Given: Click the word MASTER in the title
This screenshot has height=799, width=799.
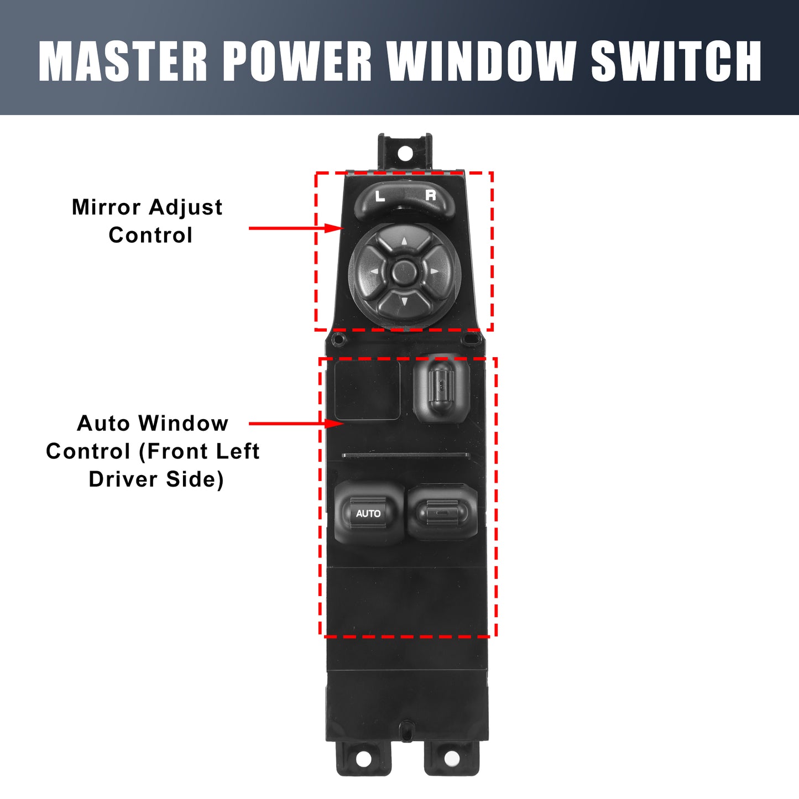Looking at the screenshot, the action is pyautogui.click(x=123, y=61).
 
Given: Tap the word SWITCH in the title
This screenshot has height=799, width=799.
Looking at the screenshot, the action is pyautogui.click(x=676, y=61).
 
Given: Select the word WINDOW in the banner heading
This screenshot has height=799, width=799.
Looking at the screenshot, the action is pyautogui.click(x=482, y=61).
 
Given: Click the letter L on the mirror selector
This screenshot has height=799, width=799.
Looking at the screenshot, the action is pyautogui.click(x=380, y=196).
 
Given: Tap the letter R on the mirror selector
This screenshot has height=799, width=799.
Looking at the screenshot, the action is pyautogui.click(x=431, y=195).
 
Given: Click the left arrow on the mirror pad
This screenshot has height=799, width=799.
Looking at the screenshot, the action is pyautogui.click(x=374, y=272).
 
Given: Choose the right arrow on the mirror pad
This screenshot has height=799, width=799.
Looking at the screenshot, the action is pyautogui.click(x=434, y=271).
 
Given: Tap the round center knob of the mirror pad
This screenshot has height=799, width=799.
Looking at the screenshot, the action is pyautogui.click(x=404, y=272).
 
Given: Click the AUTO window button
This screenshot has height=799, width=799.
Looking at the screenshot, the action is pyautogui.click(x=368, y=513).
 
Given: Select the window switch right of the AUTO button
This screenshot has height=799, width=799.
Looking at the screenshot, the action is pyautogui.click(x=442, y=511).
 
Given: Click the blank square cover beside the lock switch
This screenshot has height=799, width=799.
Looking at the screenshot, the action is pyautogui.click(x=367, y=390).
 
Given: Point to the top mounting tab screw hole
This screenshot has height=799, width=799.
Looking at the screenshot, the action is pyautogui.click(x=405, y=153).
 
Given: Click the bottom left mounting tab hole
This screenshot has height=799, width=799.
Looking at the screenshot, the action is pyautogui.click(x=364, y=759).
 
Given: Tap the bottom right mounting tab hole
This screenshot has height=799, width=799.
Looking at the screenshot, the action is pyautogui.click(x=452, y=759).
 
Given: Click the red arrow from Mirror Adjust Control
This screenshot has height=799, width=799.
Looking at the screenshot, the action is pyautogui.click(x=296, y=228).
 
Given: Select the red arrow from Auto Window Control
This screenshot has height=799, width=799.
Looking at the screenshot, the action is pyautogui.click(x=296, y=424).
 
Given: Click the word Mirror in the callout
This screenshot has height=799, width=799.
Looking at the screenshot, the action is pyautogui.click(x=106, y=207).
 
